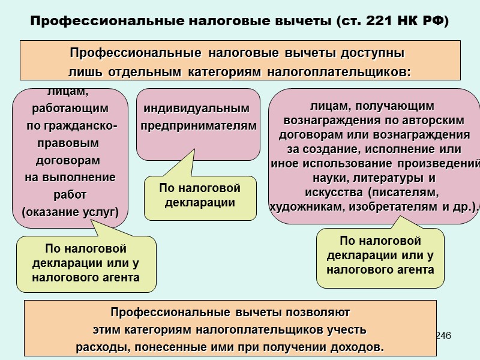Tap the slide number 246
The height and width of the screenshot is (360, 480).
click(x=443, y=334)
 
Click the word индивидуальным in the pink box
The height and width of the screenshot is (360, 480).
click(x=197, y=109)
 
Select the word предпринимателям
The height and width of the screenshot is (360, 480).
click(x=199, y=127)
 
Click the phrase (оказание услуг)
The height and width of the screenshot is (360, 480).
click(x=70, y=212)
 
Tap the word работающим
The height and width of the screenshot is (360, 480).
click(x=70, y=109)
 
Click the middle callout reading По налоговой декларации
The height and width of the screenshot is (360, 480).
click(x=200, y=196)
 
